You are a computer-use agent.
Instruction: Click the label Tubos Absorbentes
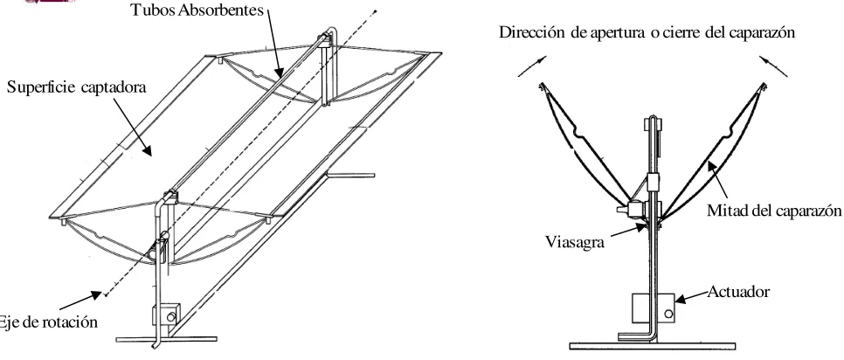pos(197,10)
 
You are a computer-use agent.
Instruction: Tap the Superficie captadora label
pos(76,87)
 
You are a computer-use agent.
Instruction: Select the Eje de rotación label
pos(48,322)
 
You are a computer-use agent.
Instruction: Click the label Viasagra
pos(575,242)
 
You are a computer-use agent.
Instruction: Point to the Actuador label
pos(738,292)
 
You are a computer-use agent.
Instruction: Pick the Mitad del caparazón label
pos(773,211)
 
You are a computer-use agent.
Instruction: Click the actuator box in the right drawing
pos(653,308)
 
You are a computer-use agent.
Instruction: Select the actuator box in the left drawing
pos(166,315)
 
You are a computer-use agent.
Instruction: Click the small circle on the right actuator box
pos(668,314)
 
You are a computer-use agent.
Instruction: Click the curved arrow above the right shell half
pos(773,66)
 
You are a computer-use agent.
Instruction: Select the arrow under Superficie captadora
pos(133,127)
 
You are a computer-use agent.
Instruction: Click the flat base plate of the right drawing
pos(653,345)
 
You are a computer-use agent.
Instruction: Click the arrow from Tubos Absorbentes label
pos(274,41)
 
